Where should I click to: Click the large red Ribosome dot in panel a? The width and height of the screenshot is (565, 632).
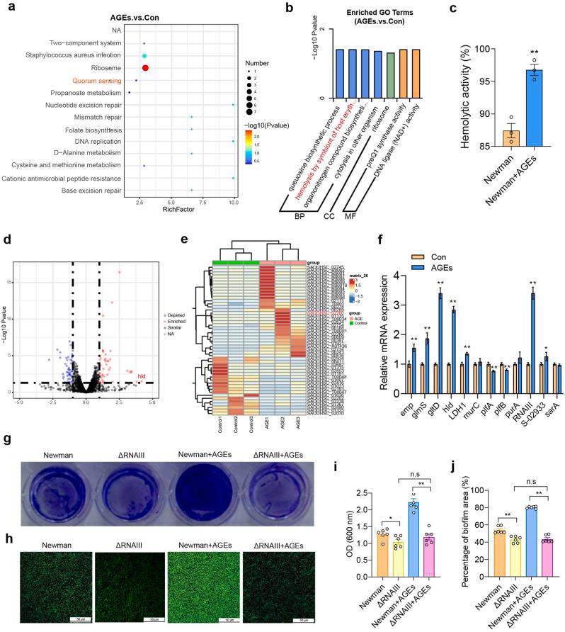point(145,68)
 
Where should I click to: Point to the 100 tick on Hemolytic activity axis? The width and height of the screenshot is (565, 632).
point(467,49)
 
